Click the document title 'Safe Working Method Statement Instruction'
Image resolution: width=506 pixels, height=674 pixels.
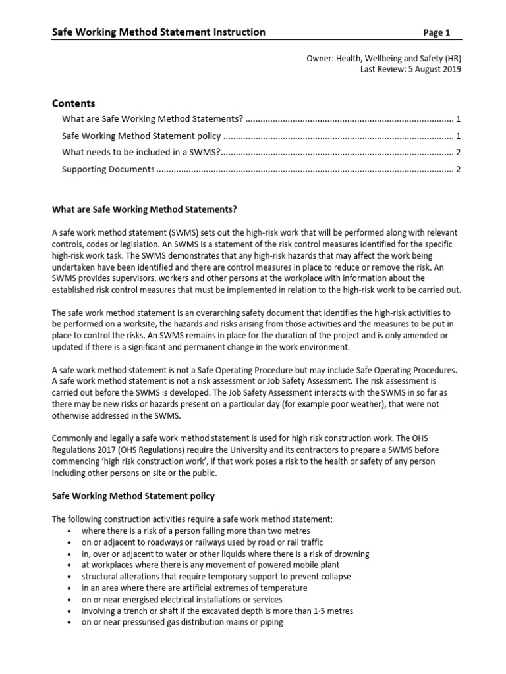pyautogui.click(x=159, y=32)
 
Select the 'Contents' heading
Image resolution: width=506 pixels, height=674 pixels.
pyautogui.click(x=73, y=103)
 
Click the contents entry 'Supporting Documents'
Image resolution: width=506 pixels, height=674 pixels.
pyautogui.click(x=108, y=169)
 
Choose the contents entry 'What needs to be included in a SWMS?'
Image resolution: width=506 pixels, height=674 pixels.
pyautogui.click(x=140, y=153)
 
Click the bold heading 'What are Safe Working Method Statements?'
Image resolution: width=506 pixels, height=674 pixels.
pyautogui.click(x=144, y=209)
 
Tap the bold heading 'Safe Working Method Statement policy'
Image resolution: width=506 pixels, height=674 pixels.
pyautogui.click(x=133, y=495)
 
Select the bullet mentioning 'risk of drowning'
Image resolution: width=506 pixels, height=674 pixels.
pyautogui.click(x=225, y=554)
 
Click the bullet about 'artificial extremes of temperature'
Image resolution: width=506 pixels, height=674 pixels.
pyautogui.click(x=194, y=588)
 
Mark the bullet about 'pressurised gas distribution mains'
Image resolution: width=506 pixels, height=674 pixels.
pyautogui.click(x=183, y=622)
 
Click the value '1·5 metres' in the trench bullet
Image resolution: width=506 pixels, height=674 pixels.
pyautogui.click(x=334, y=611)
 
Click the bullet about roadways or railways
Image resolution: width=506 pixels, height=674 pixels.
pyautogui.click(x=203, y=542)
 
